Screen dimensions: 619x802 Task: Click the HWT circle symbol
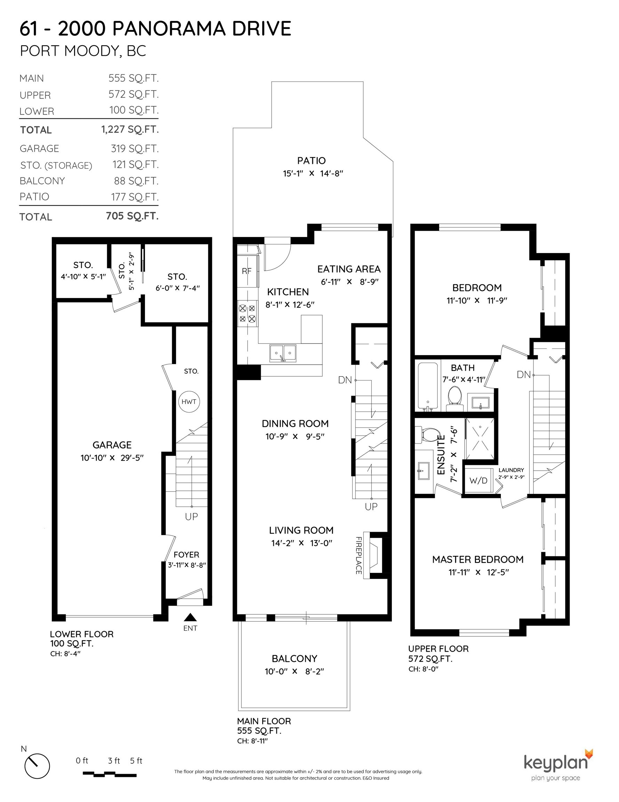tap(189, 402)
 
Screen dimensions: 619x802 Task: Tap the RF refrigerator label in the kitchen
tap(247, 271)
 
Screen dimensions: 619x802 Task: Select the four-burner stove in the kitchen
tap(247, 312)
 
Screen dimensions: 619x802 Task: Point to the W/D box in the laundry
tap(479, 480)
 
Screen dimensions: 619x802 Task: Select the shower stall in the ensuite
tap(480, 439)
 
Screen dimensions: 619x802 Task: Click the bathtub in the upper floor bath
tap(428, 386)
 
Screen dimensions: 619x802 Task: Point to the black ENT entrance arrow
tap(190, 617)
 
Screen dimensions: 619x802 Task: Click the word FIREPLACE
tap(359, 555)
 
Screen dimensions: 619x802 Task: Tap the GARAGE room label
tap(112, 445)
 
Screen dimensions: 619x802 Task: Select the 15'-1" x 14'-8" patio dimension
tap(313, 173)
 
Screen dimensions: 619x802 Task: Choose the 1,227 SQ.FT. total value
tap(130, 129)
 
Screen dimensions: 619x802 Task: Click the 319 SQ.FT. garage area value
tap(135, 148)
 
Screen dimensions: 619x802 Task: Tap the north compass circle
tap(37, 766)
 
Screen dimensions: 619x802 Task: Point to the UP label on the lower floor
tap(191, 517)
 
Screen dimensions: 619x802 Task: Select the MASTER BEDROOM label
tap(478, 559)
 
